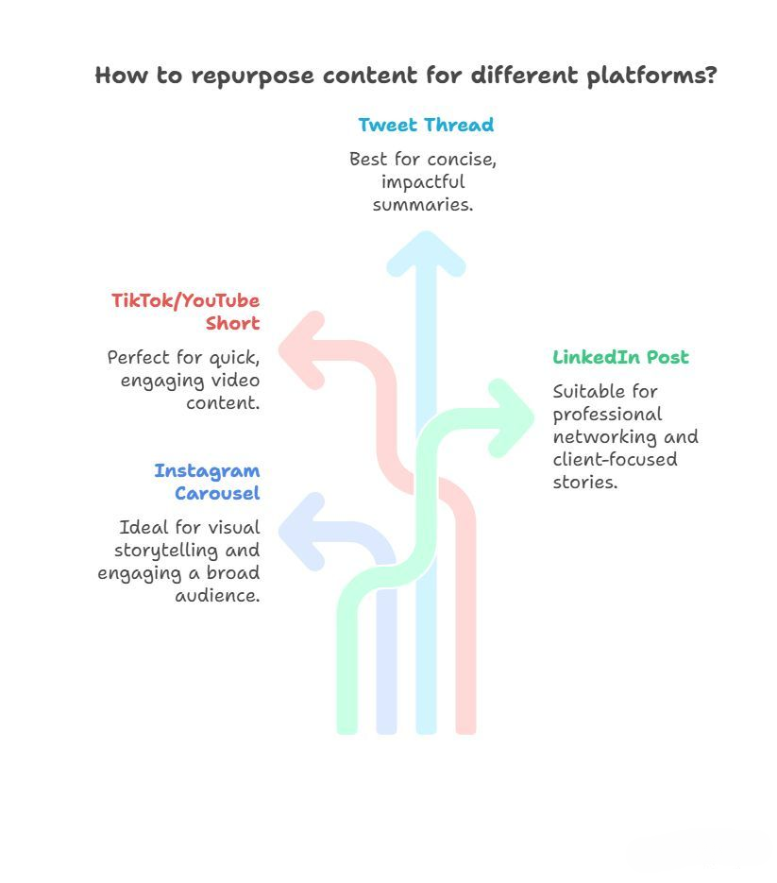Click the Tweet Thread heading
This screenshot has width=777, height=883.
click(x=425, y=125)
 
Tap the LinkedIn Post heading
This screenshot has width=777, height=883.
click(x=620, y=357)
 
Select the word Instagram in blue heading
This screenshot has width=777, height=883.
click(x=207, y=470)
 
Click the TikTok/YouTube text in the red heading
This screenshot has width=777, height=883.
click(x=185, y=300)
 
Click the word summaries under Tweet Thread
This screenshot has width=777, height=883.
click(x=422, y=204)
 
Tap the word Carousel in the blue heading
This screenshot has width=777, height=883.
click(x=217, y=493)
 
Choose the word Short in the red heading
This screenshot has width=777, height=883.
click(x=232, y=323)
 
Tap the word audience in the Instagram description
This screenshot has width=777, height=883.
click(x=217, y=595)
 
